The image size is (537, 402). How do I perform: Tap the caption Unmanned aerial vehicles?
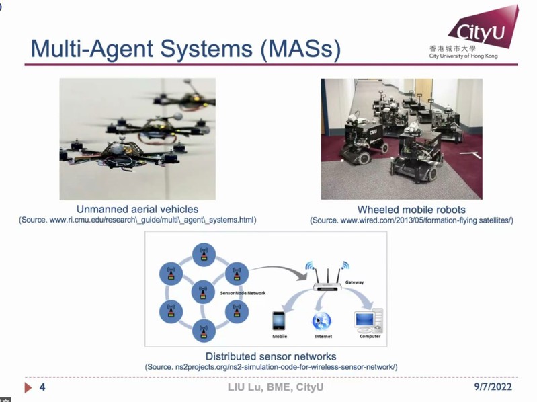click(137, 209)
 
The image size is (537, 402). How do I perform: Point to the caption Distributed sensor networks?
click(271, 356)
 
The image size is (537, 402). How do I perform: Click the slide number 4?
click(42, 388)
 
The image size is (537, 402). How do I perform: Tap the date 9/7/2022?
click(493, 388)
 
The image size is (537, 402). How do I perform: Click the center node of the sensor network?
click(203, 292)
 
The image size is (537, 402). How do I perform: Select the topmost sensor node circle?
click(202, 254)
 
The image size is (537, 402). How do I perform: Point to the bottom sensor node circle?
click(203, 330)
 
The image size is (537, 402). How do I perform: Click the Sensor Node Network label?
click(243, 293)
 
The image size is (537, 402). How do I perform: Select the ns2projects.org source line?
click(271, 367)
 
